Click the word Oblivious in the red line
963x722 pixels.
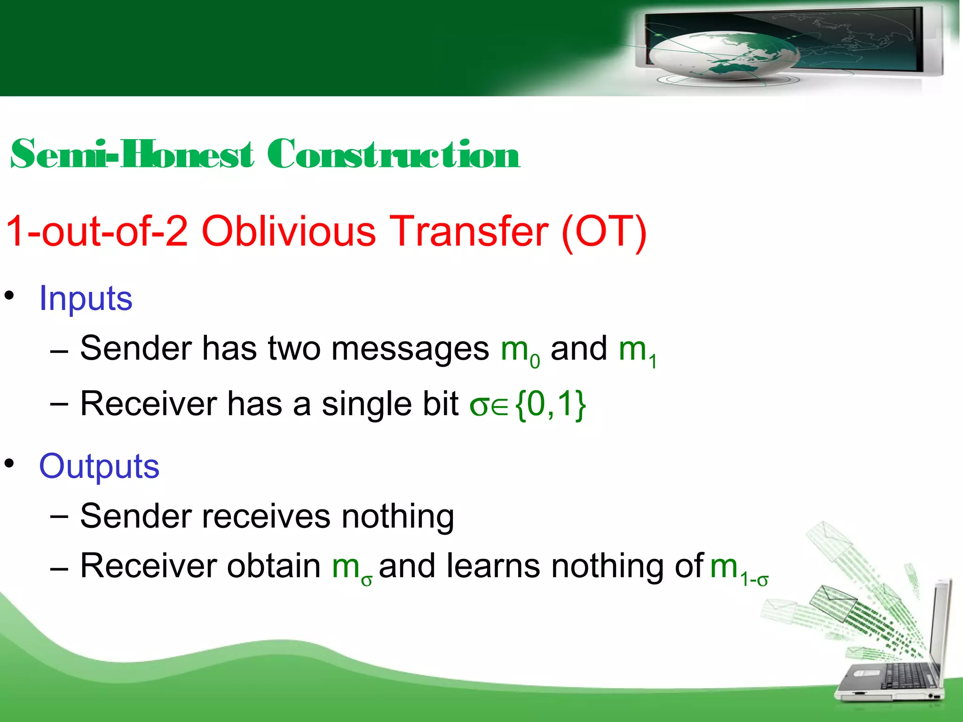tap(288, 231)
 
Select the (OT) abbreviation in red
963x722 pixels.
tap(604, 231)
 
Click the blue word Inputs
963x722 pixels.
tap(86, 298)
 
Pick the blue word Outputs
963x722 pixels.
tap(99, 466)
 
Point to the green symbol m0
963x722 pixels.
tap(519, 351)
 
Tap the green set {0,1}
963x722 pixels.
tap(550, 404)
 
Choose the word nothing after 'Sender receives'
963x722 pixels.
tap(397, 516)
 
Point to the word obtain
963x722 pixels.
tap(274, 565)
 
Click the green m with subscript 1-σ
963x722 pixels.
tap(738, 568)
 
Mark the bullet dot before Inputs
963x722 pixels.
tap(9, 296)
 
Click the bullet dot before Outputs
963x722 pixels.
tap(9, 464)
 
